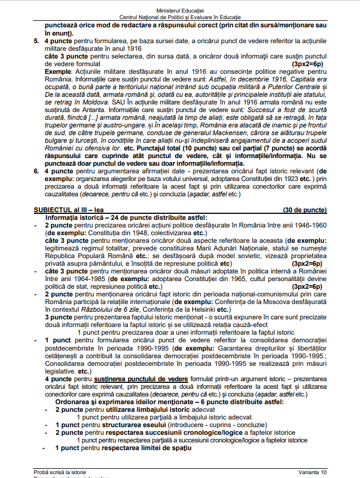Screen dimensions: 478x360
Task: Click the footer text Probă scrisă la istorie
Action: [x=60, y=472]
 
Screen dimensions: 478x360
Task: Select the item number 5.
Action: [x=36, y=41]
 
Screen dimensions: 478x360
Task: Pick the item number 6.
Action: [x=36, y=171]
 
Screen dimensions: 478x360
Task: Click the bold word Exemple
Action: [x=59, y=72]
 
